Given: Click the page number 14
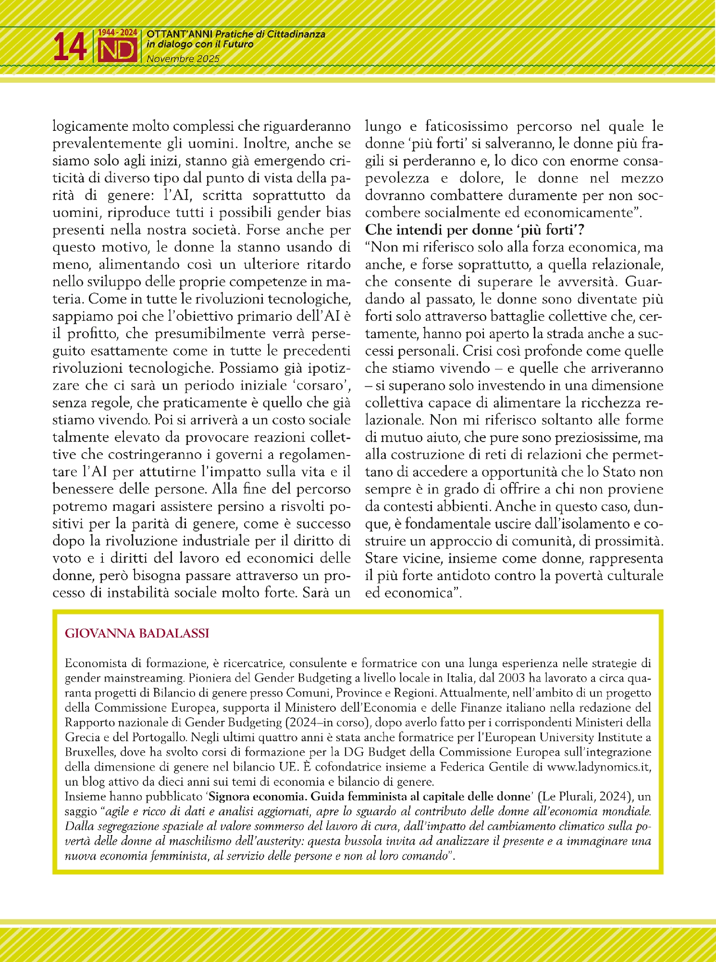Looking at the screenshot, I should click(70, 48).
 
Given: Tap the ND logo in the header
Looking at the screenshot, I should click(118, 50).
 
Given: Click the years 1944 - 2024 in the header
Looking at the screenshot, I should click(118, 33).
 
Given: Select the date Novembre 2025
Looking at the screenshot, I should click(183, 59).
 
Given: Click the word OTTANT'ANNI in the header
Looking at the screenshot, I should click(180, 34).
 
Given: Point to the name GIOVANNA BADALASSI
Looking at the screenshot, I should click(137, 633).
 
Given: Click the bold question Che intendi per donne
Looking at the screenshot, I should click(474, 230).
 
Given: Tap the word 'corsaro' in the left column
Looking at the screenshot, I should click(314, 386).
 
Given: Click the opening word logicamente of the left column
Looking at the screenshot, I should click(90, 127).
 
